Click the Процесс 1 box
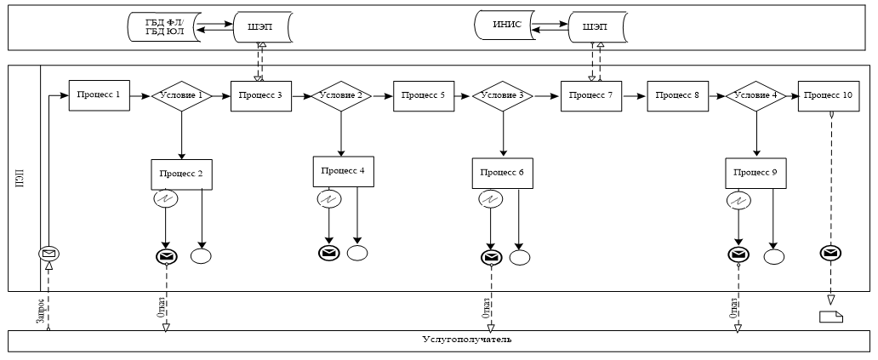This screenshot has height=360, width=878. [x=99, y=95]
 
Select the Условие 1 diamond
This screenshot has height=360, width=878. [x=181, y=96]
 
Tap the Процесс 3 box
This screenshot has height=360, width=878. [x=261, y=96]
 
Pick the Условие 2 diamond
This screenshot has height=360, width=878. [x=341, y=96]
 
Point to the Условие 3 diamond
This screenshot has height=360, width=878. [x=502, y=96]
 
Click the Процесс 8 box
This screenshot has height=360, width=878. [x=678, y=96]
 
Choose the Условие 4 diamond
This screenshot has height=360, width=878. [x=756, y=96]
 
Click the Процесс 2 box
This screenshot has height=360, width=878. [x=181, y=174]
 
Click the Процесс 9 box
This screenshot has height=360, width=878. [x=756, y=173]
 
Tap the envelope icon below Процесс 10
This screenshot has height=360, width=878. [x=830, y=253]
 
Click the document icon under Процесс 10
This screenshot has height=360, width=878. [x=830, y=317]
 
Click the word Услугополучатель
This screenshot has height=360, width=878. [x=466, y=340]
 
